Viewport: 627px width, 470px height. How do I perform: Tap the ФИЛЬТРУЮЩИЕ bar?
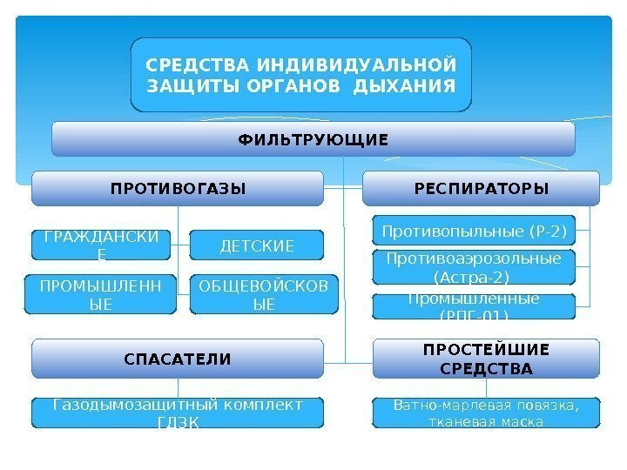coord(313,139)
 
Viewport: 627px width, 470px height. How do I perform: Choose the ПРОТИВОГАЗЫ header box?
coord(178,188)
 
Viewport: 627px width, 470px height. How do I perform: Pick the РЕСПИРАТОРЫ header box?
coord(481,188)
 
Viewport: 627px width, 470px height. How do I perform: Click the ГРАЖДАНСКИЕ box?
coord(101,245)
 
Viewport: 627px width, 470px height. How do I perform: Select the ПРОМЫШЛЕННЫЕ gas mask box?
coord(95,295)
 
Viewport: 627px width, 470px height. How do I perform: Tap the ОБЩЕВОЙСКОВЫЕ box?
coord(263,295)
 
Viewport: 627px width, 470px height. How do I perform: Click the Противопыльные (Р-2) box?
coord(475,232)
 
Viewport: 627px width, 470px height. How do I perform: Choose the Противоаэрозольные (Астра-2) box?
coord(475,267)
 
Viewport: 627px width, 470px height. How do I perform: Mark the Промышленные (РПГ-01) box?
coord(475,305)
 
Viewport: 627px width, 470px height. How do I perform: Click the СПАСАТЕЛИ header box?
coord(178,358)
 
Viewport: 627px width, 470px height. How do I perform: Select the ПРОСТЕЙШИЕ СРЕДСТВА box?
coord(486,358)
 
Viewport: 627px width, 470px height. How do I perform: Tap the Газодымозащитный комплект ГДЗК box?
coord(178,413)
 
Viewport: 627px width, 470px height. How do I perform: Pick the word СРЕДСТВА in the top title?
coord(192,65)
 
